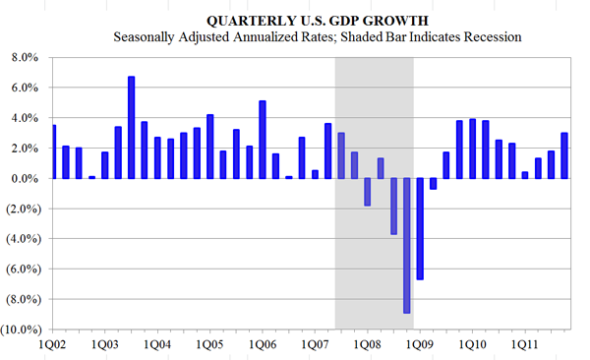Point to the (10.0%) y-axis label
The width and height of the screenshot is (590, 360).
[x=21, y=329]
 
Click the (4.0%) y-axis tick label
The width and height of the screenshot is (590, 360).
[x=23, y=239]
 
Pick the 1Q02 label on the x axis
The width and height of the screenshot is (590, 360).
[x=52, y=345]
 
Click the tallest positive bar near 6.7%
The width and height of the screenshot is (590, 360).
[x=131, y=127]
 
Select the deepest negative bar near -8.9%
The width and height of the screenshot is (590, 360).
[x=406, y=245]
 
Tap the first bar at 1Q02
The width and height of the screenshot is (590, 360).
[x=53, y=151]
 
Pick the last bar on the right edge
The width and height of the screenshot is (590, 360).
[x=563, y=155]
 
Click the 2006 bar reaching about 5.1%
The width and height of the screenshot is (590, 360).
[x=263, y=140]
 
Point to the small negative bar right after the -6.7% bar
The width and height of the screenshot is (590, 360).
[x=433, y=183]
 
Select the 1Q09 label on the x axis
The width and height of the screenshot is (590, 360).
[x=420, y=345]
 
